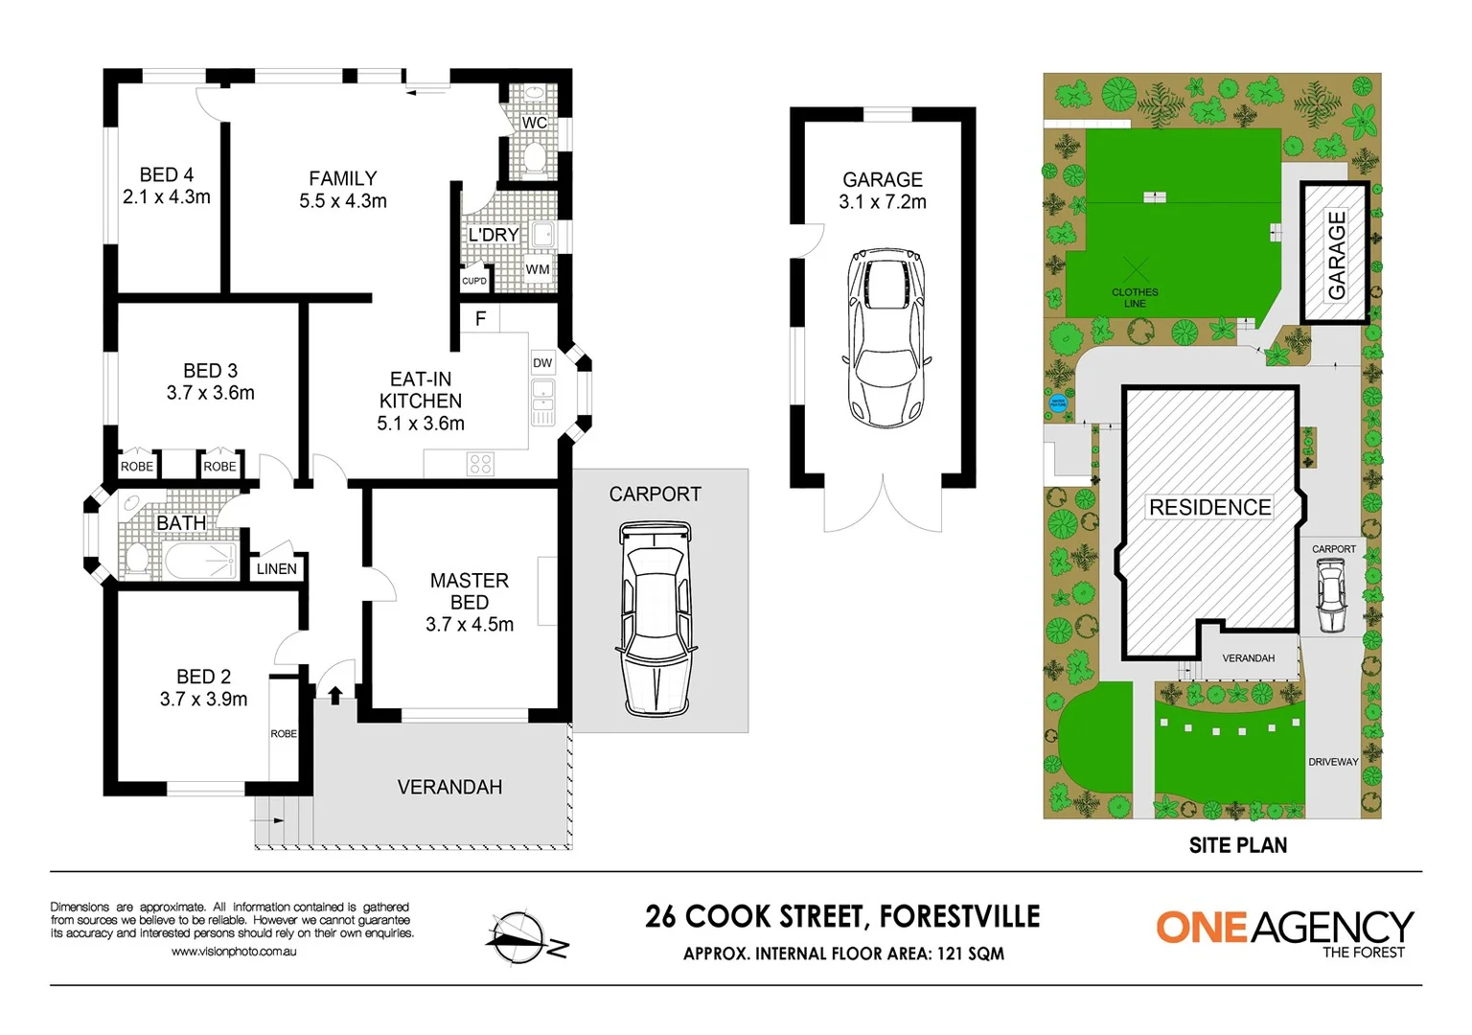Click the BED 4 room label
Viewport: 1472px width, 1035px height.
[166, 175]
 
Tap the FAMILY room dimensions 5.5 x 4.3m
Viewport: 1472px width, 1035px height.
[342, 201]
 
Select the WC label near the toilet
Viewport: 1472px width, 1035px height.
[534, 123]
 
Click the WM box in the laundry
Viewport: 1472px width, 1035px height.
[538, 269]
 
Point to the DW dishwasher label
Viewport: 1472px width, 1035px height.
[542, 362]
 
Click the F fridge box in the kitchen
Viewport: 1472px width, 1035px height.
[480, 318]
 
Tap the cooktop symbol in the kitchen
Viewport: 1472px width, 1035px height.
[480, 465]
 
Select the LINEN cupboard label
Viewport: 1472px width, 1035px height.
[276, 568]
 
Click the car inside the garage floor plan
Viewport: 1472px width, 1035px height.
[886, 337]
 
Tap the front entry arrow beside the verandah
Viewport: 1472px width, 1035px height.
[335, 694]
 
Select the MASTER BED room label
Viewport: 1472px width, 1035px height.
[469, 591]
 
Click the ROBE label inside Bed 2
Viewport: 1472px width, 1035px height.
[283, 733]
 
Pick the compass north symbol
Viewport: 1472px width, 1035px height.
[523, 938]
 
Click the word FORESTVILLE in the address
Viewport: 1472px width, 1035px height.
[959, 916]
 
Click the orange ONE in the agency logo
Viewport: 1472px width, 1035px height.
[1201, 927]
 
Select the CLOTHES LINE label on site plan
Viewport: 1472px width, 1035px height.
[1135, 297]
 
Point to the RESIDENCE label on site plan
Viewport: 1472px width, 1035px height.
[1209, 507]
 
